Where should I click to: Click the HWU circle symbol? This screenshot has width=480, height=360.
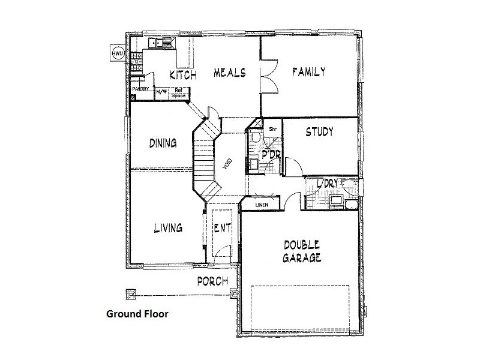[118, 53]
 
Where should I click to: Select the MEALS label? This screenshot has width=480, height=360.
[230, 73]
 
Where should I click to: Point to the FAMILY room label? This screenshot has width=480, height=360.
[308, 72]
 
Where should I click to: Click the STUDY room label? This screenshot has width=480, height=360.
[319, 132]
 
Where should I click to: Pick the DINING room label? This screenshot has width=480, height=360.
[162, 143]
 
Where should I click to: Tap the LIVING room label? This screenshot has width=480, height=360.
[167, 228]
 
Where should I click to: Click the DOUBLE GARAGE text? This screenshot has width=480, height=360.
[302, 251]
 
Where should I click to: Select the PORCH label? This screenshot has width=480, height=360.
[212, 281]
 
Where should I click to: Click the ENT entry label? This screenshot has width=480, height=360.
[223, 227]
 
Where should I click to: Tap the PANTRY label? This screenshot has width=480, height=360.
[140, 89]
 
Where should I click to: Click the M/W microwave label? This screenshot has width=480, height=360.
[161, 92]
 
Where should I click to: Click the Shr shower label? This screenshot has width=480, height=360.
[272, 128]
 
